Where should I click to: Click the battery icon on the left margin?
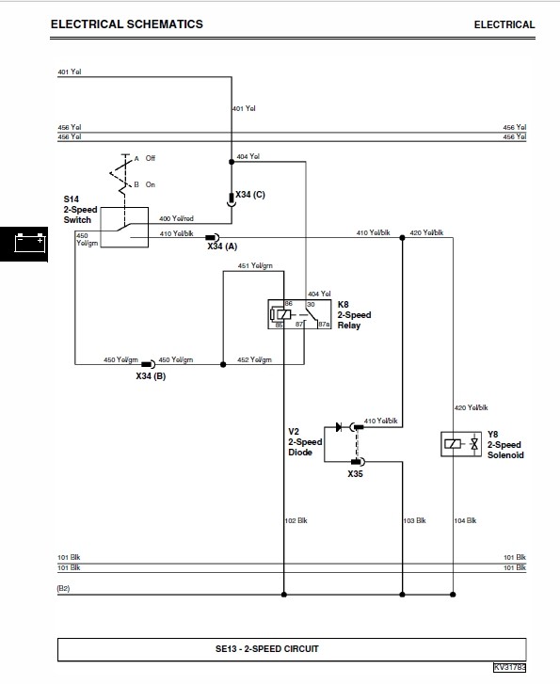point(24,243)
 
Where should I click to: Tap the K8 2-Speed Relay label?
point(354,315)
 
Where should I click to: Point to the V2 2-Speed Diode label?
point(305,441)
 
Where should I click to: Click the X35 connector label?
point(355,474)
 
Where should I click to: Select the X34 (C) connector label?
point(250,195)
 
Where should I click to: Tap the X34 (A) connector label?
point(222,247)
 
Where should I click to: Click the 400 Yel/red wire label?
point(177,218)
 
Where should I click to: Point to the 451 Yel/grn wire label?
point(255,266)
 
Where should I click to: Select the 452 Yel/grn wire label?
point(255,359)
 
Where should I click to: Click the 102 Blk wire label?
point(296,520)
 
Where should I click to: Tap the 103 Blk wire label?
point(414,520)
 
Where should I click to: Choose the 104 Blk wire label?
point(465,520)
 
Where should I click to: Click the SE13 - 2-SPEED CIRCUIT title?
point(280,649)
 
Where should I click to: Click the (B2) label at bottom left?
point(64,588)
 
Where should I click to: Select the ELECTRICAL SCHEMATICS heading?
point(126,24)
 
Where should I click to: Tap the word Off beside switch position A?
point(151,158)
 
